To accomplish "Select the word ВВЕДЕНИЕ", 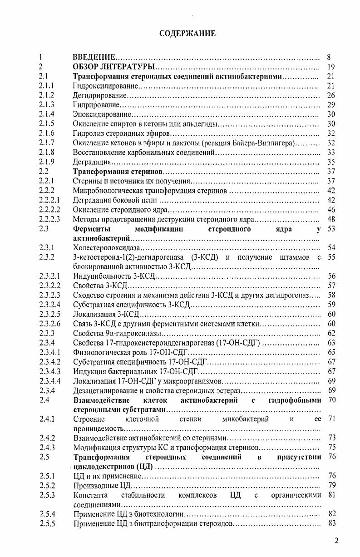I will point(94,58).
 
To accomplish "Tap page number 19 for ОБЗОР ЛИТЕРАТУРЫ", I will point(330,67).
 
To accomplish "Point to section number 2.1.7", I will point(47,143).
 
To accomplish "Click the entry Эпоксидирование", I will point(102,114).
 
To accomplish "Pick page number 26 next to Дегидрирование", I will point(330,95).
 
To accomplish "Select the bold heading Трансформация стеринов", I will point(118,172).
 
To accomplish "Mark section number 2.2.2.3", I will point(49,219).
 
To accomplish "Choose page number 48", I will point(330,219).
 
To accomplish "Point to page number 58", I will point(330,295).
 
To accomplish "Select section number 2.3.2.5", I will point(49,314).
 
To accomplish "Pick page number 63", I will point(330,343).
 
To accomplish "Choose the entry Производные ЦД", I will point(96,485).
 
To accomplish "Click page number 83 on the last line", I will point(330,523).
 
